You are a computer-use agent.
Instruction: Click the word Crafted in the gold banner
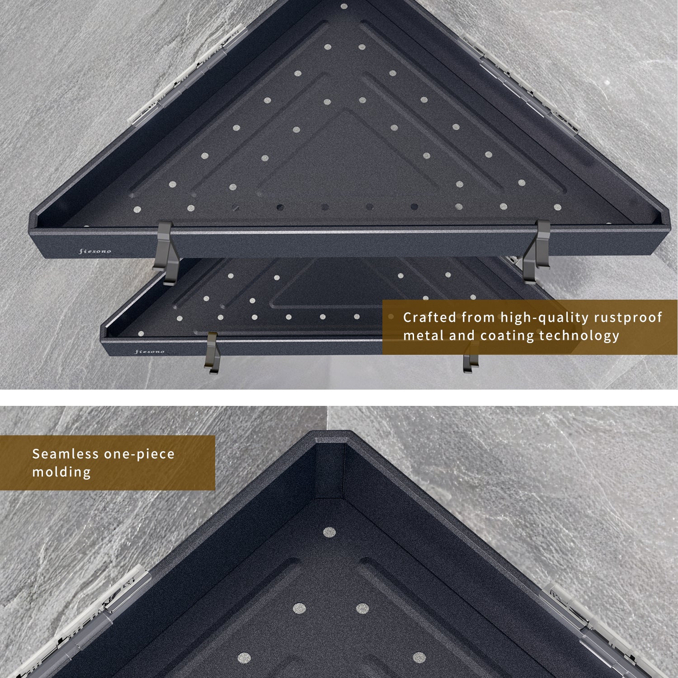point(429,317)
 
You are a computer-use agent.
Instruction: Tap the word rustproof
point(628,318)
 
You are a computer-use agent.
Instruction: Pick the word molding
point(61,472)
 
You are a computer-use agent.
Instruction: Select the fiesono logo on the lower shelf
point(150,351)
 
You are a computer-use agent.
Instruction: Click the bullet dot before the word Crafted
point(391,317)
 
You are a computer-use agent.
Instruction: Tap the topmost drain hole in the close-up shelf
point(329,532)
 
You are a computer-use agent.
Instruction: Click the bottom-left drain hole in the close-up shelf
point(245,658)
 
